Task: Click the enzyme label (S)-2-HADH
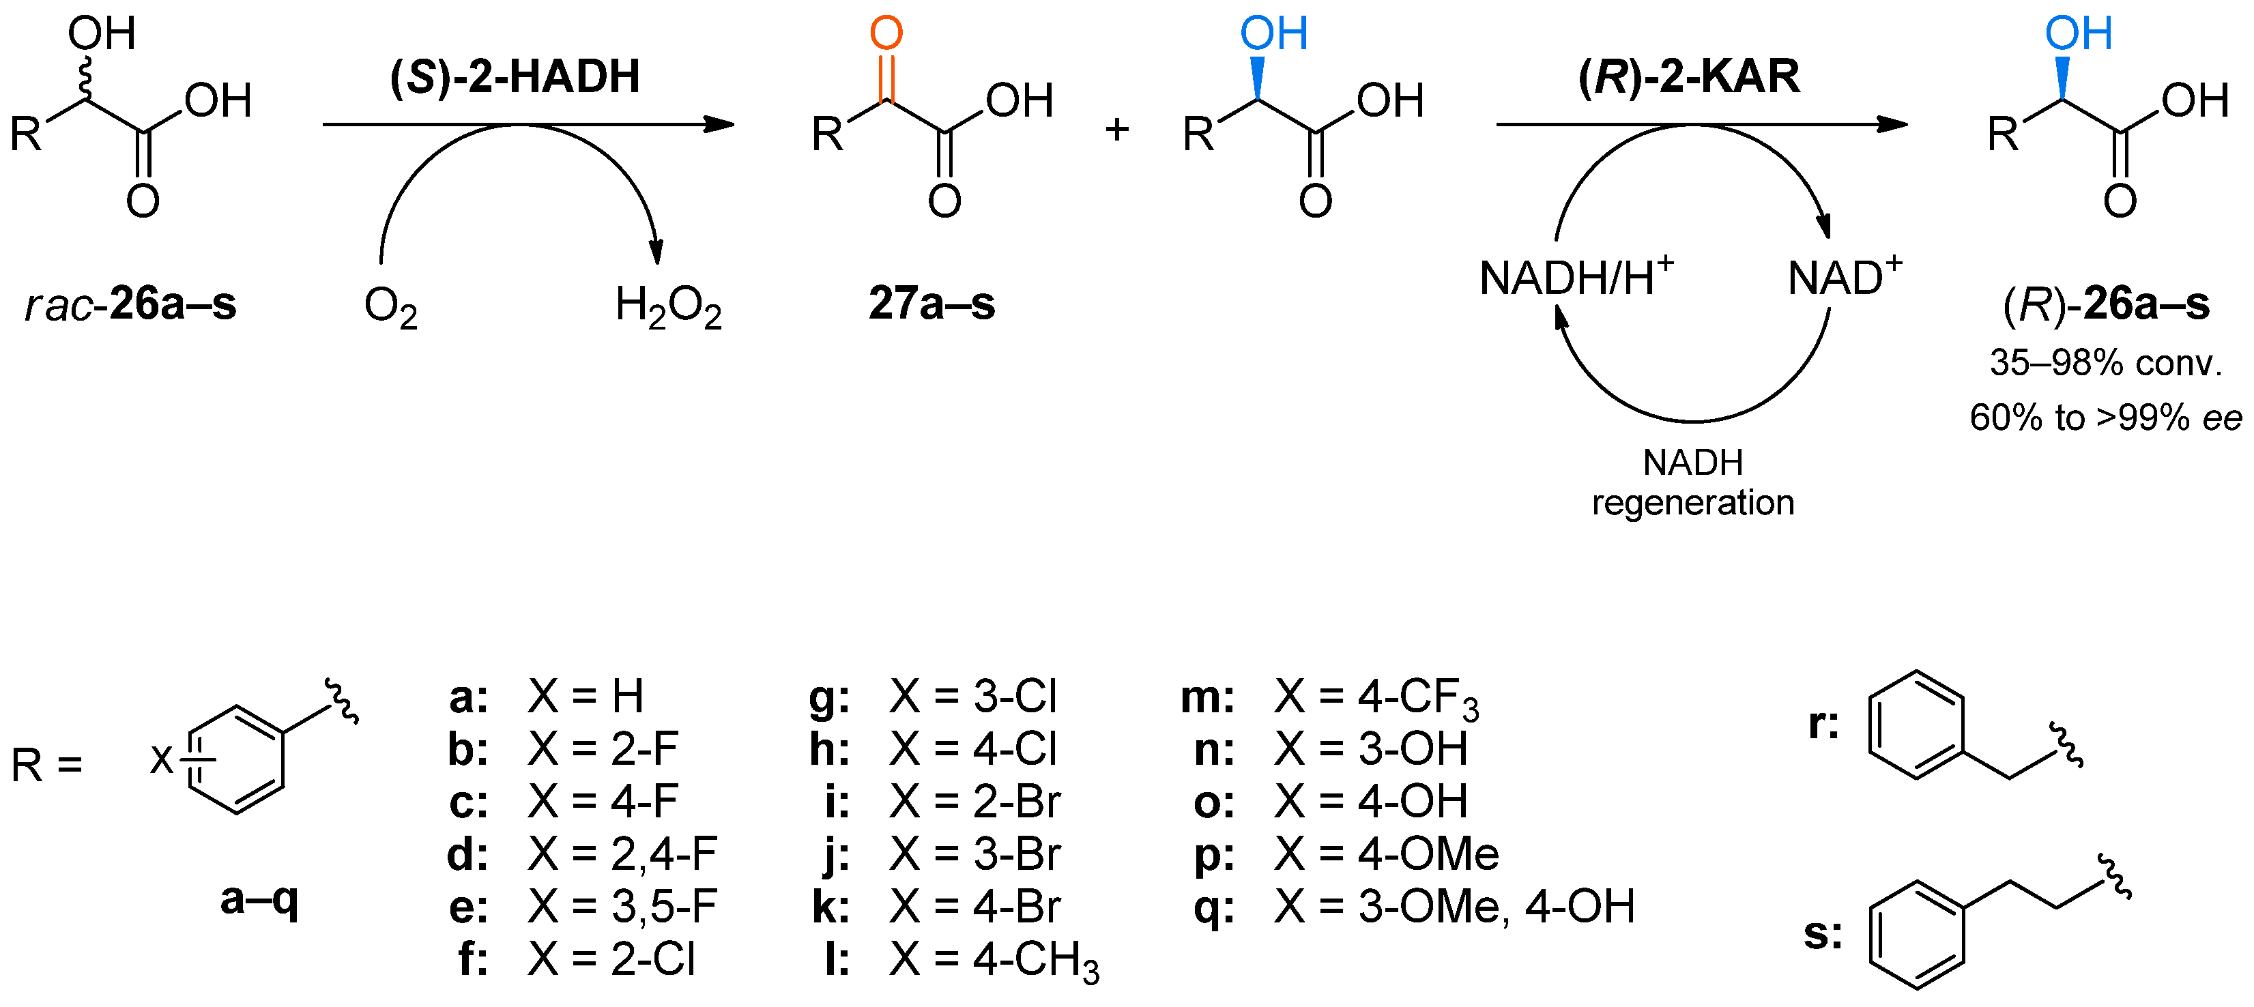(x=515, y=77)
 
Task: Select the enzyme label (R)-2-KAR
(x=1689, y=77)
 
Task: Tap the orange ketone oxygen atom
(x=886, y=33)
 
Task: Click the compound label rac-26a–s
(x=131, y=304)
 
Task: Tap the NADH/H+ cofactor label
(x=1575, y=278)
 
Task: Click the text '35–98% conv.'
(x=2105, y=362)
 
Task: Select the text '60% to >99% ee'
(x=2105, y=418)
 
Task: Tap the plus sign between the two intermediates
(x=1116, y=130)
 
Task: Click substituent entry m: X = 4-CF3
(x=1330, y=697)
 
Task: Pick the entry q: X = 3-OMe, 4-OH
(x=1413, y=907)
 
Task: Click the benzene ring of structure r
(x=1916, y=725)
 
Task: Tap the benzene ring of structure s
(x=1917, y=935)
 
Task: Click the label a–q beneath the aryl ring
(x=259, y=899)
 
